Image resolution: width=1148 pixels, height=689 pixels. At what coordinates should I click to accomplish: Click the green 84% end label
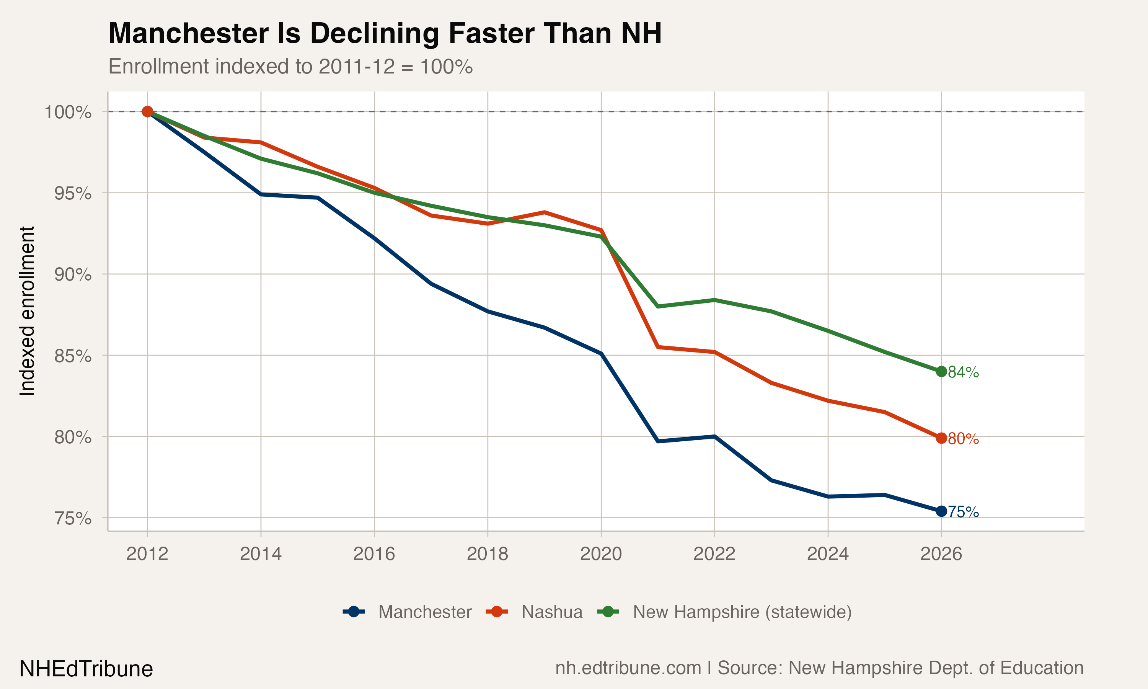[x=963, y=372]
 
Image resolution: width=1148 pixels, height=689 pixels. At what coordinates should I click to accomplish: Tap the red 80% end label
[x=963, y=439]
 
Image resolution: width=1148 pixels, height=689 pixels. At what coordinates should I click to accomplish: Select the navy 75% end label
[x=963, y=512]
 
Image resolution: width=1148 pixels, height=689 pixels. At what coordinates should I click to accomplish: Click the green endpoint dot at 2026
[x=941, y=371]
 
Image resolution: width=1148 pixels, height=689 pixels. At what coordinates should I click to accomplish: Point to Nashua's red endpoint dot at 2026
[x=941, y=438]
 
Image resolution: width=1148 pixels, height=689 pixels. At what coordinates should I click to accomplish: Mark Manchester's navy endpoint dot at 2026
[x=941, y=511]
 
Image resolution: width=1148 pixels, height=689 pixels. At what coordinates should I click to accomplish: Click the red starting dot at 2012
[x=147, y=111]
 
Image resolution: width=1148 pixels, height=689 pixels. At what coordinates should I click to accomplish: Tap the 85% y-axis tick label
[x=73, y=356]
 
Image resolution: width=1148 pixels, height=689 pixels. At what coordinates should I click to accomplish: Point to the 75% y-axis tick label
[x=73, y=518]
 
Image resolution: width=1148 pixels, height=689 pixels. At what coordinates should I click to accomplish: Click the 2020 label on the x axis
[x=601, y=554]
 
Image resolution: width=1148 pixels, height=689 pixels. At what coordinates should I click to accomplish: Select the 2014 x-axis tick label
[x=260, y=554]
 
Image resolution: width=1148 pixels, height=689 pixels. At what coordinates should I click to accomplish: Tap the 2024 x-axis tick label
[x=828, y=554]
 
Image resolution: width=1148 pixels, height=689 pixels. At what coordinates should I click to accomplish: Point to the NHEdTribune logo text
[x=86, y=669]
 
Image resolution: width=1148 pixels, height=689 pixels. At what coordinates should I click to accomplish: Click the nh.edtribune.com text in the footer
[x=628, y=668]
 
